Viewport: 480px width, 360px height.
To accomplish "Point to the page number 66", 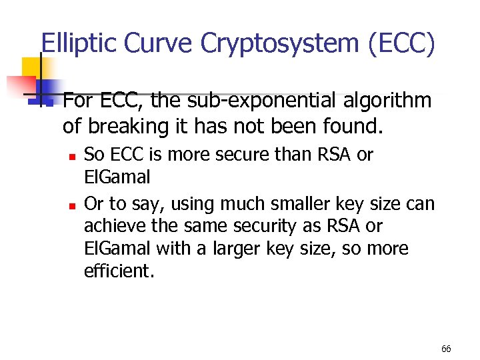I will click(x=446, y=349).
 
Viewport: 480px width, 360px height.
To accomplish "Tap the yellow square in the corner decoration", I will click(x=30, y=67).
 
